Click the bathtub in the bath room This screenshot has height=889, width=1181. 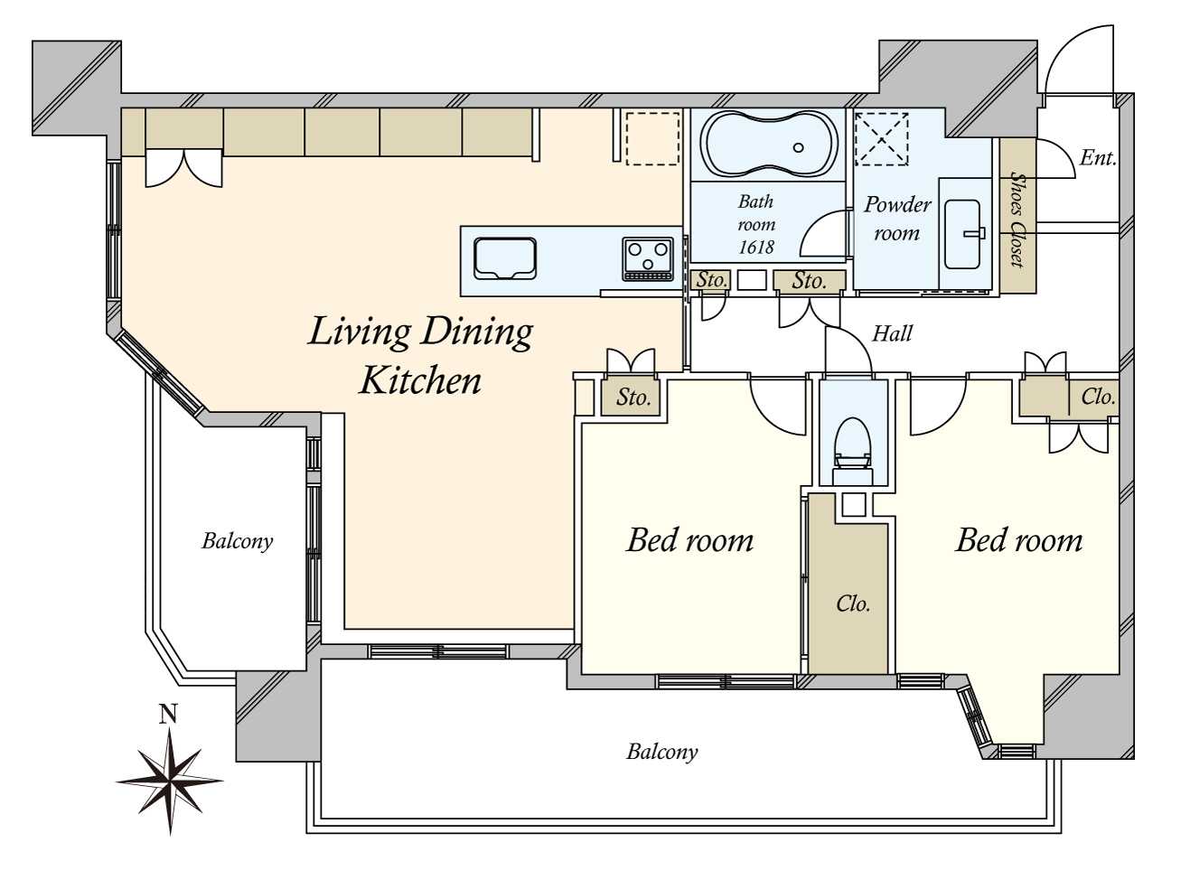point(768,144)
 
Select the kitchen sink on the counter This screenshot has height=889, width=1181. point(505,258)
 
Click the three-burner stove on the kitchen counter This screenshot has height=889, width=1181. point(648,259)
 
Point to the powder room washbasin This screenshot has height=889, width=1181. point(965,235)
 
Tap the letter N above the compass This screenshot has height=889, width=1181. point(168,714)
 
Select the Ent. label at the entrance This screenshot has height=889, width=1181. point(1098,158)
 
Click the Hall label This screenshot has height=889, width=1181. point(892,333)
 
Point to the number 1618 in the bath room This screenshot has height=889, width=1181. point(756,247)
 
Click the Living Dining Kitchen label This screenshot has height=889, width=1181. point(420,355)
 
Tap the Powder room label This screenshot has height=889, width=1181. point(897,219)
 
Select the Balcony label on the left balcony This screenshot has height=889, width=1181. point(238,541)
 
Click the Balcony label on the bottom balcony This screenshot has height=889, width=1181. point(661,752)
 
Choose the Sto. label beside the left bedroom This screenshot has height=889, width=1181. point(633,398)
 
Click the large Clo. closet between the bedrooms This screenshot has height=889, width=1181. point(852,604)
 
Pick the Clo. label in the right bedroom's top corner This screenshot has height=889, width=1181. point(1098,398)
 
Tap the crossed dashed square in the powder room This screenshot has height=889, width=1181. point(881,139)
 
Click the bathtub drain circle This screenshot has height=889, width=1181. point(799,147)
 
